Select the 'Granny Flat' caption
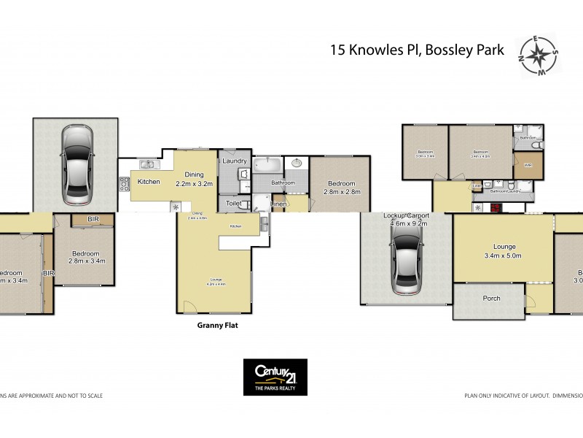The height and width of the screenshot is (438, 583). coord(218,326)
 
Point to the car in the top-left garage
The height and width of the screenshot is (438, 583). coord(77,164)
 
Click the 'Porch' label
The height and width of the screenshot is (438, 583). coord(492,299)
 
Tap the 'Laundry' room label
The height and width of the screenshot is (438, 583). coord(235,161)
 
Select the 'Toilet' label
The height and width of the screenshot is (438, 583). coord(233,204)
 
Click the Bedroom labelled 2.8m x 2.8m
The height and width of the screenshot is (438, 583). coord(340,188)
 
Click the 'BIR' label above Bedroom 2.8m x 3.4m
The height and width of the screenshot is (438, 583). coord(93,218)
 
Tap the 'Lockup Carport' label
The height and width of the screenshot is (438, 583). coord(406,217)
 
